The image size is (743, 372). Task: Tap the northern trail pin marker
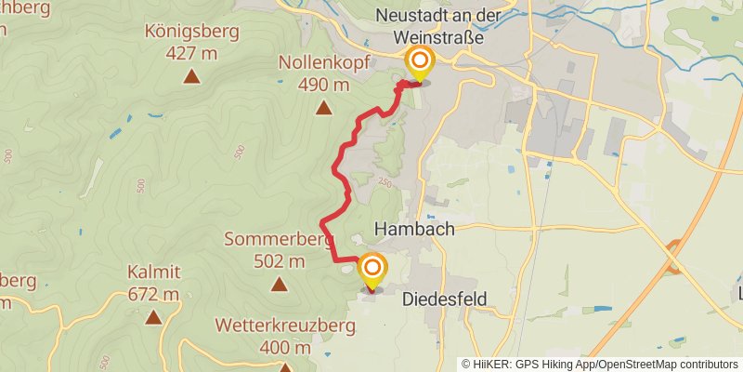point(420,64)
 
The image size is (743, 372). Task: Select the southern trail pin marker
point(372,272)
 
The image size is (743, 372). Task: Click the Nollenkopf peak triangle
point(323,108)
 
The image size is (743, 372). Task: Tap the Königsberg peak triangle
point(191,76)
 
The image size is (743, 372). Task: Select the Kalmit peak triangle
point(153,317)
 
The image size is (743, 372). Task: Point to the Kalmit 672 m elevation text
point(153,295)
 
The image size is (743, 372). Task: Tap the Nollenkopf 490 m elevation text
point(324,86)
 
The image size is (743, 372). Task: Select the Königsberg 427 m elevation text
point(191,53)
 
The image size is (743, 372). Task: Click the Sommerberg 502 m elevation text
point(280,261)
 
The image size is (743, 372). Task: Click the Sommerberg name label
point(279,240)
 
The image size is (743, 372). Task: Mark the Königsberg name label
point(191,32)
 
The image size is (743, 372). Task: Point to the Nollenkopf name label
point(324,64)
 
